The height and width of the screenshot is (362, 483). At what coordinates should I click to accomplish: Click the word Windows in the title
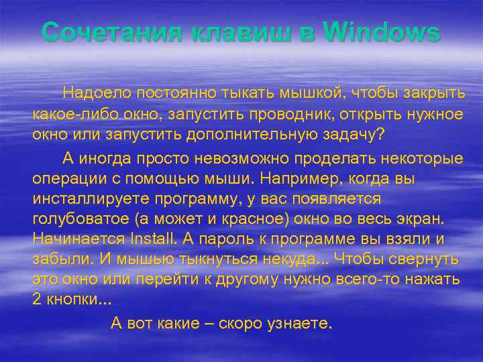382,32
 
